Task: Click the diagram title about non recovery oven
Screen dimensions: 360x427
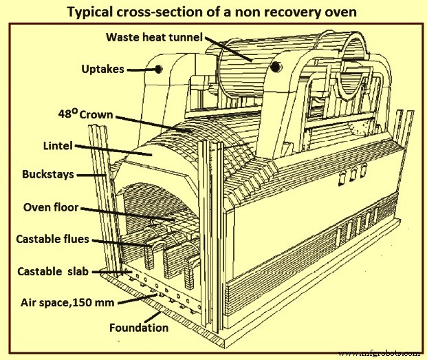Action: pos(214,12)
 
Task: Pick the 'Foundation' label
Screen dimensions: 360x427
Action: pos(138,328)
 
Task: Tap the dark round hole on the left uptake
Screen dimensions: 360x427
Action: pos(159,70)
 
